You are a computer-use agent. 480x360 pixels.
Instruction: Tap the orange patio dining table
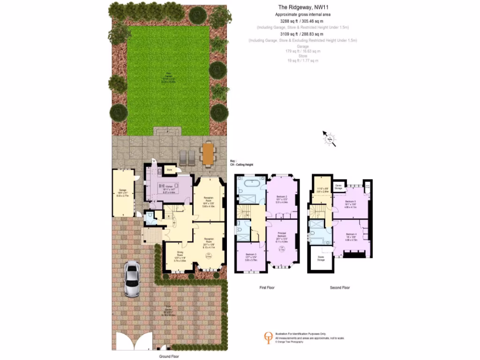point(207,153)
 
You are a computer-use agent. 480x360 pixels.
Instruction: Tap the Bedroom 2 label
point(282,196)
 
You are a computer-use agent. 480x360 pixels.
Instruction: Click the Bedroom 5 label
point(351,202)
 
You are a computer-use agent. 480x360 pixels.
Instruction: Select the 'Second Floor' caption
point(340,287)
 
